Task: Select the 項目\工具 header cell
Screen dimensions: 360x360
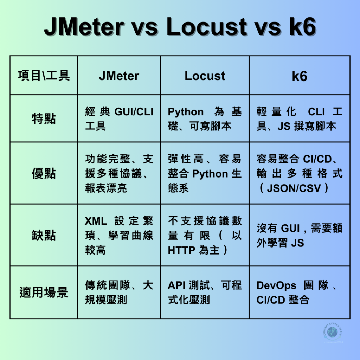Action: (44, 76)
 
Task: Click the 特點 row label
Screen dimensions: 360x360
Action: (44, 119)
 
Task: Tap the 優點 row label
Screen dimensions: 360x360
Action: (44, 173)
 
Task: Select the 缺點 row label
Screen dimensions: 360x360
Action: (44, 235)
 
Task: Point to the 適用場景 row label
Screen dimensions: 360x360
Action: (44, 292)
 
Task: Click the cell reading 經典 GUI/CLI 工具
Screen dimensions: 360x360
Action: (119, 119)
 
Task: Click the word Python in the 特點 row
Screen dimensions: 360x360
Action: (186, 112)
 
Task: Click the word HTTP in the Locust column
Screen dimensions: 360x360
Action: (181, 250)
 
